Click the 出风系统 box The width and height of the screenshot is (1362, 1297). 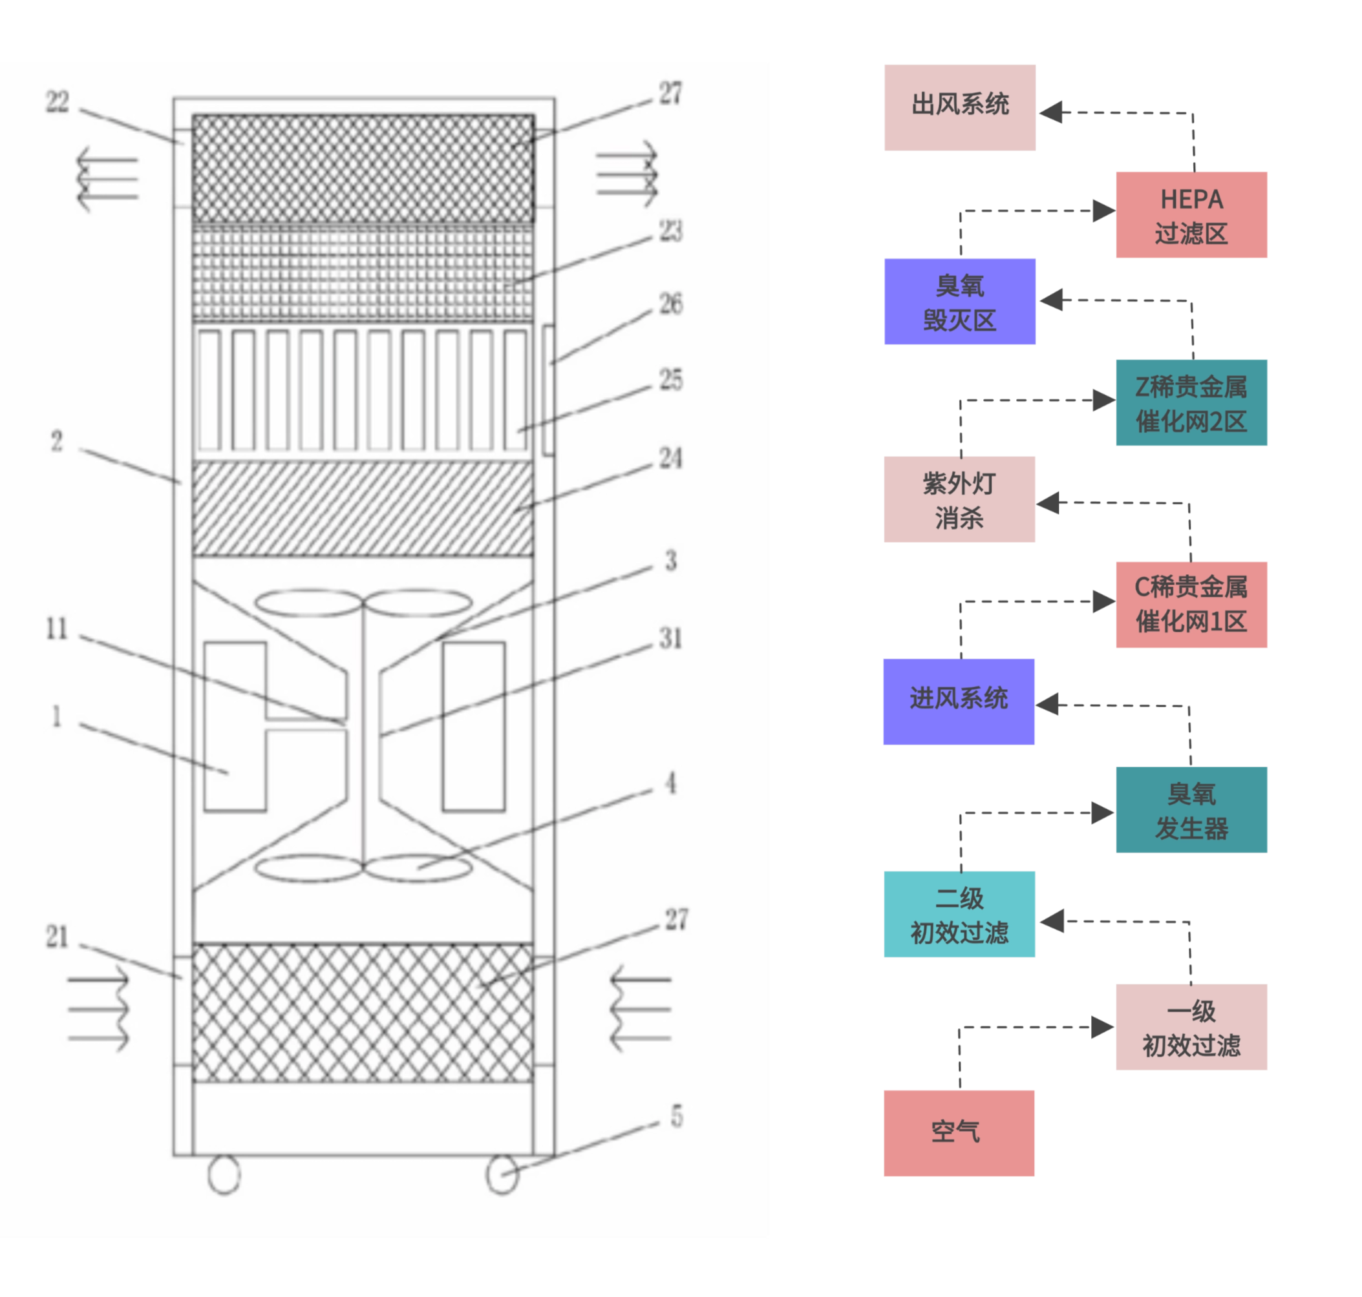point(959,107)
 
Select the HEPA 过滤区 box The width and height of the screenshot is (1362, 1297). point(1191,214)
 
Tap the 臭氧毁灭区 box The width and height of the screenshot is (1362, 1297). point(959,301)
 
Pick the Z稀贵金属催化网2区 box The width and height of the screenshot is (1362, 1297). point(1191,402)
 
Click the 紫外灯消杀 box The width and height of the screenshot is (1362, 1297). point(959,499)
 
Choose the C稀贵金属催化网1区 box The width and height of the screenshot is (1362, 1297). point(1191,603)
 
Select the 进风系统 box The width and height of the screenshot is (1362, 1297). point(958,700)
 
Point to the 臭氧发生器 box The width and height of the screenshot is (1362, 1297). point(1191,809)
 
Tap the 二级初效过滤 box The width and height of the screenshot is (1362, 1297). point(959,913)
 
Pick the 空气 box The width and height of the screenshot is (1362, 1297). point(958,1132)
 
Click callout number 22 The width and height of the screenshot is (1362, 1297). point(58,102)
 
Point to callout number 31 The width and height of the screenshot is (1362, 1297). point(670,638)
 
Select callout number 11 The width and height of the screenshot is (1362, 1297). point(57,628)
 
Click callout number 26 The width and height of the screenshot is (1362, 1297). point(670,304)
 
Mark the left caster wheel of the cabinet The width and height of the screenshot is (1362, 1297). point(224,1174)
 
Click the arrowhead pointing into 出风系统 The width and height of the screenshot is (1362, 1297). point(1050,112)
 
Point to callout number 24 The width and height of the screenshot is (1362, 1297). point(670,458)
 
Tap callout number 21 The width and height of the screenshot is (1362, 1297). point(58,937)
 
